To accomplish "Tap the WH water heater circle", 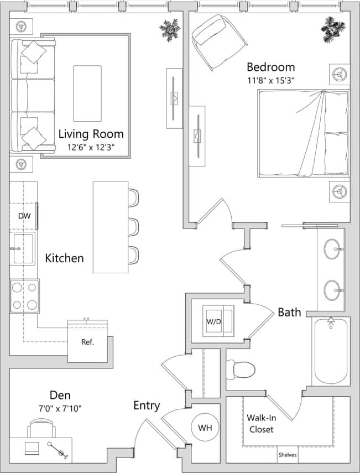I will (x=205, y=428).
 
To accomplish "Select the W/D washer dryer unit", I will (x=218, y=320).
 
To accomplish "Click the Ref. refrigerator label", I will (x=87, y=342).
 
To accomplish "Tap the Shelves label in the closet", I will (x=288, y=456).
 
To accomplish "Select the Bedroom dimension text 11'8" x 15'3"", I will (x=270, y=80).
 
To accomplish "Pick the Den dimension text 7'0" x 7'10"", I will (x=60, y=409).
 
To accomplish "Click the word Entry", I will (x=147, y=406).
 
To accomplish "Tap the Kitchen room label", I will (x=64, y=258).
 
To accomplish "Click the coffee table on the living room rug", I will (x=87, y=93).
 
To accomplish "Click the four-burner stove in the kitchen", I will (x=24, y=296).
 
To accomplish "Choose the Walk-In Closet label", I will (x=260, y=423).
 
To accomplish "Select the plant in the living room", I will (x=170, y=29).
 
